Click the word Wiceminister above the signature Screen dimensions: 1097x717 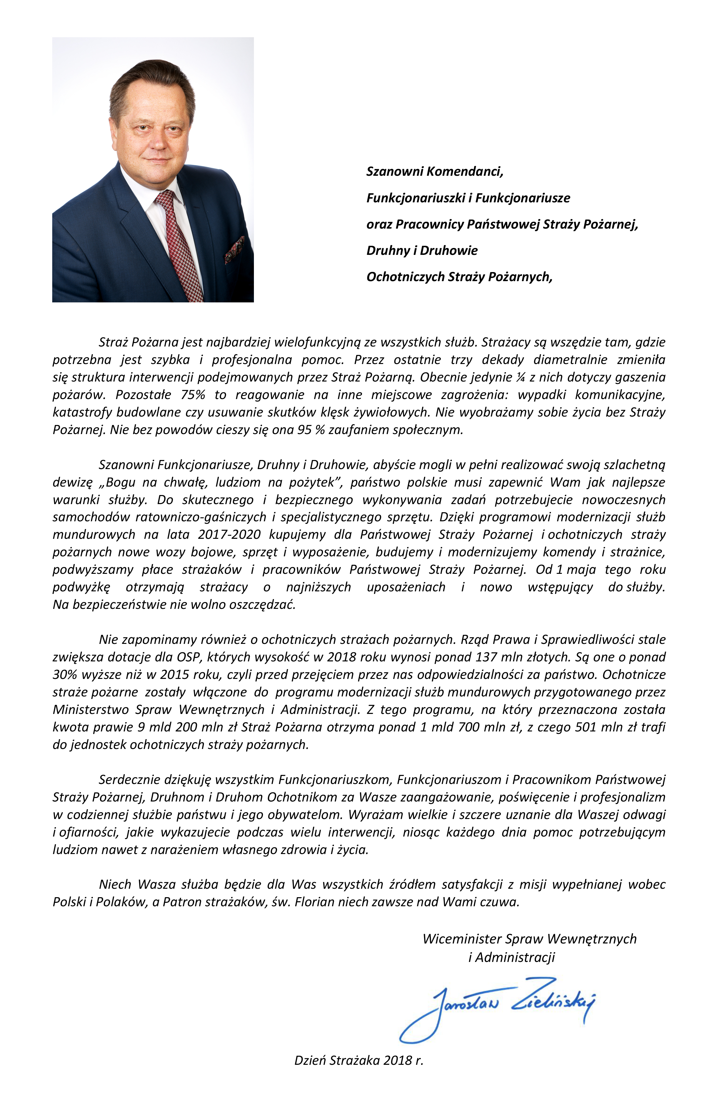click(x=462, y=938)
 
